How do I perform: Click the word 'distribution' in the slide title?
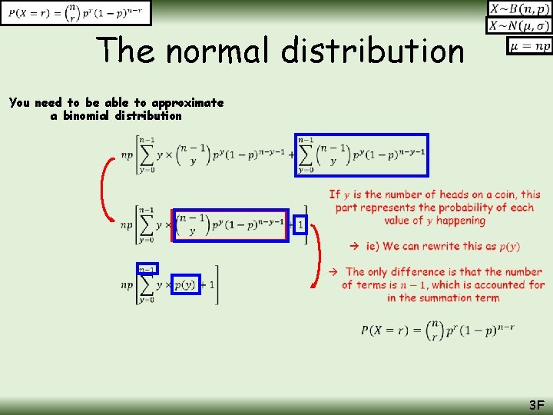[373, 51]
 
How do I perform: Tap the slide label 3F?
[535, 405]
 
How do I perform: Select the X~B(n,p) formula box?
[520, 9]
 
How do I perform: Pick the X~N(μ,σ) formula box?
[520, 27]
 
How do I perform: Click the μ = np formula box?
[529, 46]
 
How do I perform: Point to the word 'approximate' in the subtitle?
[187, 102]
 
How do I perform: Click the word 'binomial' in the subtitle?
[86, 116]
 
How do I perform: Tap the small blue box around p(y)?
[185, 285]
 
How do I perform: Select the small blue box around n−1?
[147, 269]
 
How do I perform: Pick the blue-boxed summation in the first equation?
[361, 155]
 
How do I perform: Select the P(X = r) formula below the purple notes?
[437, 330]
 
